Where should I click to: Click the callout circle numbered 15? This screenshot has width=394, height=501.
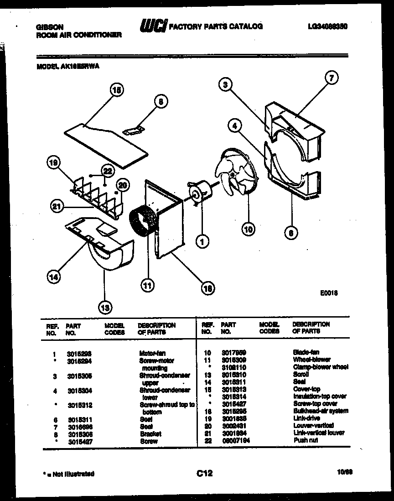click(117, 90)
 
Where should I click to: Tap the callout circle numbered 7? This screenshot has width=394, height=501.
click(332, 78)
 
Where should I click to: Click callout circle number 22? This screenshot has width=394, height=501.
click(107, 171)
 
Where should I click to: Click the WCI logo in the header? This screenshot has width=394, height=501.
click(153, 26)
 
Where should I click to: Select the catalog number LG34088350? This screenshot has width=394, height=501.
click(327, 27)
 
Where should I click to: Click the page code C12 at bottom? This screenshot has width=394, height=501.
click(204, 474)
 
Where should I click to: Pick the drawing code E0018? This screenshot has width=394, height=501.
click(328, 293)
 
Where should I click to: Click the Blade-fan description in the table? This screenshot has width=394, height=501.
click(306, 352)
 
